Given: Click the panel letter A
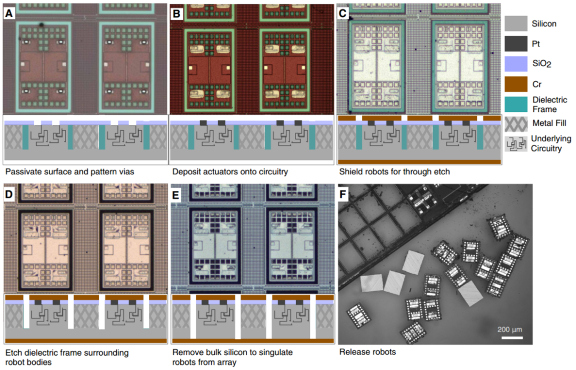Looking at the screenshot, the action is [x=9, y=13].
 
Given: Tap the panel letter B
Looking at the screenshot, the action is [x=177, y=13].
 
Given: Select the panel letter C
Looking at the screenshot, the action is [x=343, y=13].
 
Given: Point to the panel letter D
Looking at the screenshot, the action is [x=9, y=194].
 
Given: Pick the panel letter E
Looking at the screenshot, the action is [x=175, y=194].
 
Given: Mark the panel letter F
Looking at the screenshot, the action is [x=343, y=194].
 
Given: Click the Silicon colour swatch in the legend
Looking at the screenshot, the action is [x=516, y=23].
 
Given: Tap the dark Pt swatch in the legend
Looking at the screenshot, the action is [x=516, y=44].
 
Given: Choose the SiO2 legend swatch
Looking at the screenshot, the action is [x=516, y=64].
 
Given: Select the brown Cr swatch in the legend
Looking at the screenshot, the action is [x=516, y=84].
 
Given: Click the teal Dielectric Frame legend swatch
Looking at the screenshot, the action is [x=516, y=104].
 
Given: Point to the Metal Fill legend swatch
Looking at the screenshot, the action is [x=516, y=124].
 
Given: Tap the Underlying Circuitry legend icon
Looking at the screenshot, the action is [x=516, y=144].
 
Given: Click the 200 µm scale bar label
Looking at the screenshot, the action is [x=509, y=329].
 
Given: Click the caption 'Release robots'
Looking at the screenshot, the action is [x=367, y=352].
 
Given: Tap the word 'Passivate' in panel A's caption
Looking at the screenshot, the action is [x=22, y=172].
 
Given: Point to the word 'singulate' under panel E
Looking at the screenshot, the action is [x=277, y=352].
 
